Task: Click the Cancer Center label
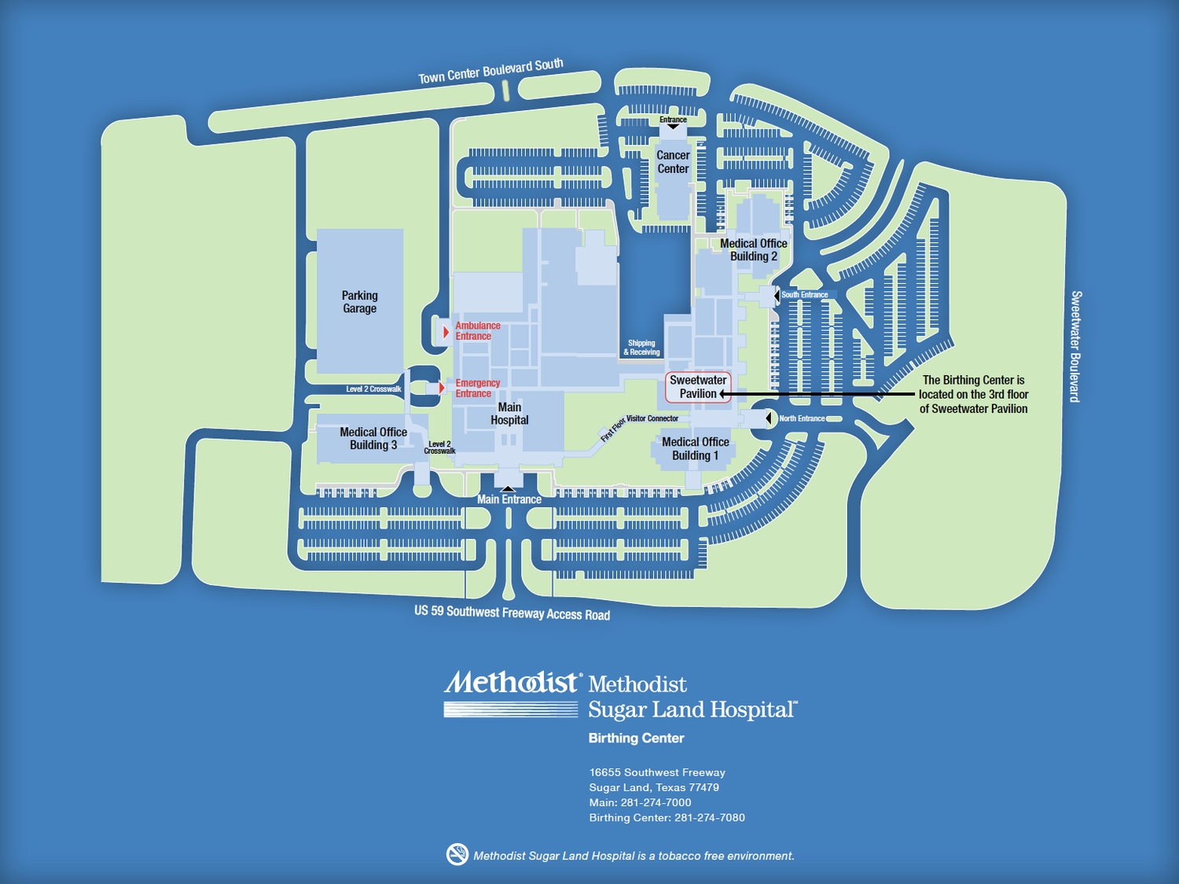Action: (673, 162)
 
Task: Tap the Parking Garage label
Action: (359, 302)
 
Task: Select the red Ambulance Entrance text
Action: (477, 331)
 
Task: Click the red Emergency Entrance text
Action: (477, 389)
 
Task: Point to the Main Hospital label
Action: (509, 414)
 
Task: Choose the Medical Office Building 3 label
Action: (373, 439)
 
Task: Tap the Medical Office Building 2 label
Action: (753, 250)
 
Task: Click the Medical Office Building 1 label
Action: (695, 449)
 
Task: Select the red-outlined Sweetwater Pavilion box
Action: (698, 387)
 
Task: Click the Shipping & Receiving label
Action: (641, 348)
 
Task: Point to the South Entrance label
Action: (804, 295)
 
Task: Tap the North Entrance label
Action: (802, 418)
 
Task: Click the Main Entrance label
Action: (509, 499)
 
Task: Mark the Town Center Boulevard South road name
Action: (490, 71)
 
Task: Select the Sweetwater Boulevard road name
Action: (1076, 346)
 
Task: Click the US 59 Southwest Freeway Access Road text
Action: (512, 613)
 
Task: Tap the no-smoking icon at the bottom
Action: (457, 854)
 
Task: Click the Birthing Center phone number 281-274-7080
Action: (709, 818)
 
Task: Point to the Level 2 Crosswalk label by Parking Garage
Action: (374, 389)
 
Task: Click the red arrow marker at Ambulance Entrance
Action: (446, 332)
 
